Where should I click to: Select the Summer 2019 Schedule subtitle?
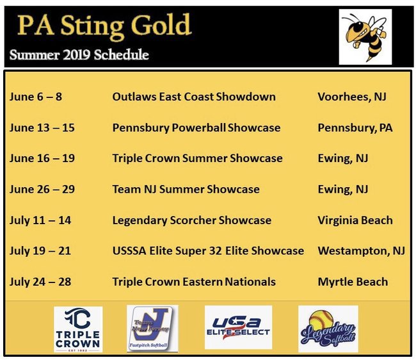coord(79,54)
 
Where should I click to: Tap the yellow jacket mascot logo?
coord(365,37)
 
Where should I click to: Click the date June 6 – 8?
coord(36,97)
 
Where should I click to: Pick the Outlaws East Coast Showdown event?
coord(194,97)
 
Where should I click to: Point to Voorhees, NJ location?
coord(352,97)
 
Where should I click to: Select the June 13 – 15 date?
coord(42,127)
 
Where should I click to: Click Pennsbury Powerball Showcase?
coord(196,127)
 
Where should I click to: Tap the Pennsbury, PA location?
coord(355,127)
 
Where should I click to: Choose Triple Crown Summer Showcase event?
coord(197,158)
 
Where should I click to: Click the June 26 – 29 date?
coord(42,190)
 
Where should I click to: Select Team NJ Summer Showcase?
coord(186,190)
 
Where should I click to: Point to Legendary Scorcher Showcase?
coord(192,220)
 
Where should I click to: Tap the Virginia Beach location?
coord(355,220)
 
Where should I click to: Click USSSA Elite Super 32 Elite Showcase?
coord(208,251)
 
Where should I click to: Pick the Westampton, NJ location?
coord(362,251)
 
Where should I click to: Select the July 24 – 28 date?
coord(40,282)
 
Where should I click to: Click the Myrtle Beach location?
coord(353,282)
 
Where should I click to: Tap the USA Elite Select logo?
coord(238,327)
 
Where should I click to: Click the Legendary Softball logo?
coord(328,329)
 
